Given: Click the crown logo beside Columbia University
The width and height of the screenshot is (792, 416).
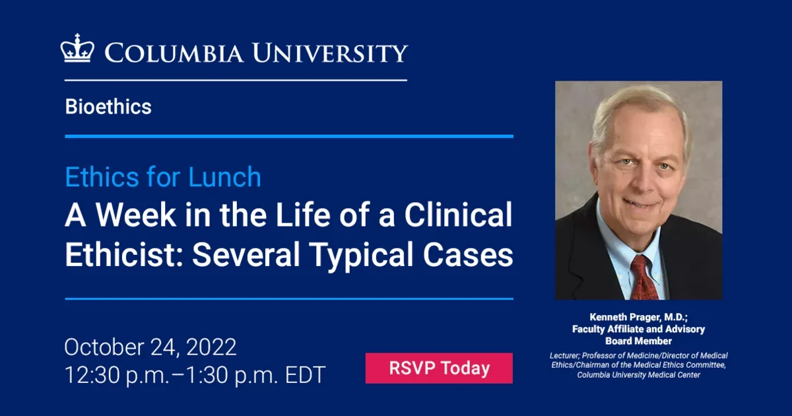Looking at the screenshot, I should click(x=78, y=49).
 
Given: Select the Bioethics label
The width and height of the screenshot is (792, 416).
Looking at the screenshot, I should click(x=108, y=107).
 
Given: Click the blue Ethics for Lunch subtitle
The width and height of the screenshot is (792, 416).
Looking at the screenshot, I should click(x=163, y=177).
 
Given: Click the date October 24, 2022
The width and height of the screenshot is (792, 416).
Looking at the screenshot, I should click(x=150, y=347).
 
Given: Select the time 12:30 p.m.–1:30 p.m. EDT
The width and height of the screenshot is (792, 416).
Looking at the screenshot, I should click(x=195, y=375).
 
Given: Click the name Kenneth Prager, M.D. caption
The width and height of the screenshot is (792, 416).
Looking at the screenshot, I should click(x=638, y=317).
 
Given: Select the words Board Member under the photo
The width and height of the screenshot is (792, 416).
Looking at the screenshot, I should click(x=638, y=341).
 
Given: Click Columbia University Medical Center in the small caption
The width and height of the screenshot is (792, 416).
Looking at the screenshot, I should click(x=638, y=375).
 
